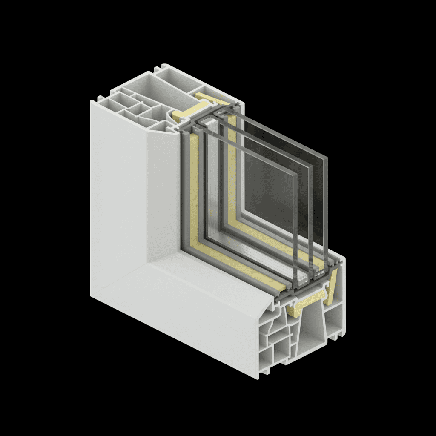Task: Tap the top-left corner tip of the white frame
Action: (92, 101)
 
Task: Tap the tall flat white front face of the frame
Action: (119, 192)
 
